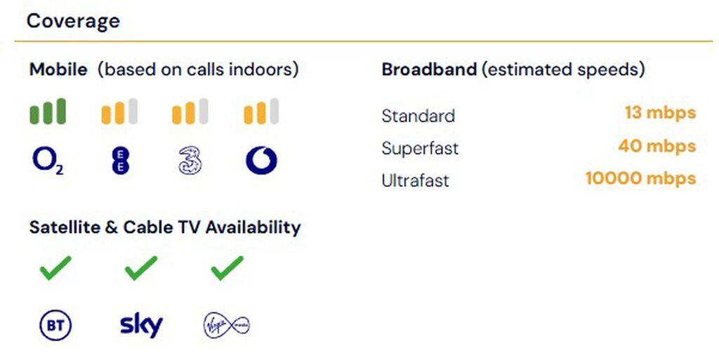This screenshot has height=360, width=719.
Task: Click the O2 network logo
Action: click(48, 161)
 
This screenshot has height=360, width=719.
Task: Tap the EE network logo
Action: click(120, 161)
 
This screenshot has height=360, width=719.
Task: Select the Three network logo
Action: click(190, 160)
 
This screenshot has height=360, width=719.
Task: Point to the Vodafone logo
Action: click(261, 160)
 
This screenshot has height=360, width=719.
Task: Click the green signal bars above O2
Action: click(48, 112)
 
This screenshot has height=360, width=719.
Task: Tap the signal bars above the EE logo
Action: click(119, 112)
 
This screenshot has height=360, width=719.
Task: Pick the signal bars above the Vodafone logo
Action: click(261, 112)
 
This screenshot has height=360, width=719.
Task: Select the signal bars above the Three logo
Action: click(190, 112)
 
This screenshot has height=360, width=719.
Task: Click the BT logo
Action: click(55, 325)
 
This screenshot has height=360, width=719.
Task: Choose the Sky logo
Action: click(141, 326)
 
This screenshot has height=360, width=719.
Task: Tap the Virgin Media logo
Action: click(227, 326)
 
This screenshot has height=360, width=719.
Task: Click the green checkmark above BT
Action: click(55, 268)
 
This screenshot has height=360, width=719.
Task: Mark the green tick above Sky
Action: click(140, 268)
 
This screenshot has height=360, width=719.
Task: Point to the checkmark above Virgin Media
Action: click(227, 268)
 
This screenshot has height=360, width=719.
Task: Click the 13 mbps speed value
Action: click(660, 113)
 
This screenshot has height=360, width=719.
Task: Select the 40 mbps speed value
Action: click(657, 146)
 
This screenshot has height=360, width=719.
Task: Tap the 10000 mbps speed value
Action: click(641, 178)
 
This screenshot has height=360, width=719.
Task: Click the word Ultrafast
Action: click(415, 180)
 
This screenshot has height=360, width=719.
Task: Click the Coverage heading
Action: click(73, 21)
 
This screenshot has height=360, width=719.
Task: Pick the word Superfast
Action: click(420, 148)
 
